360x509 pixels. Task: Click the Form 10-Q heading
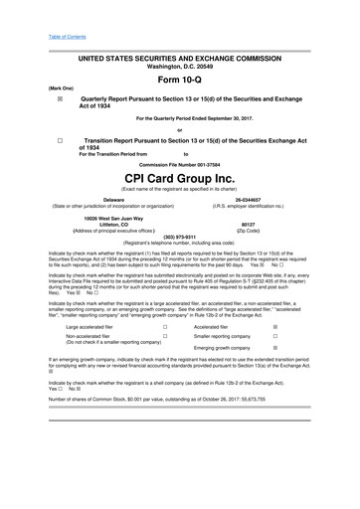tap(180, 81)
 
